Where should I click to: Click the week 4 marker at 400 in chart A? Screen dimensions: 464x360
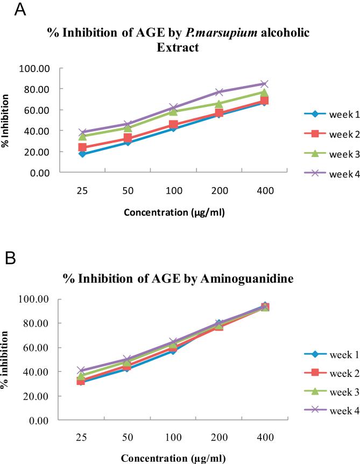pos(264,84)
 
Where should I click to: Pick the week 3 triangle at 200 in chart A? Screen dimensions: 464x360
pos(219,104)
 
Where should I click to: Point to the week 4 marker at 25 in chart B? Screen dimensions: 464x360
pos(81,370)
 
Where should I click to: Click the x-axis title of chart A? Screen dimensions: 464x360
pos(174,211)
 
